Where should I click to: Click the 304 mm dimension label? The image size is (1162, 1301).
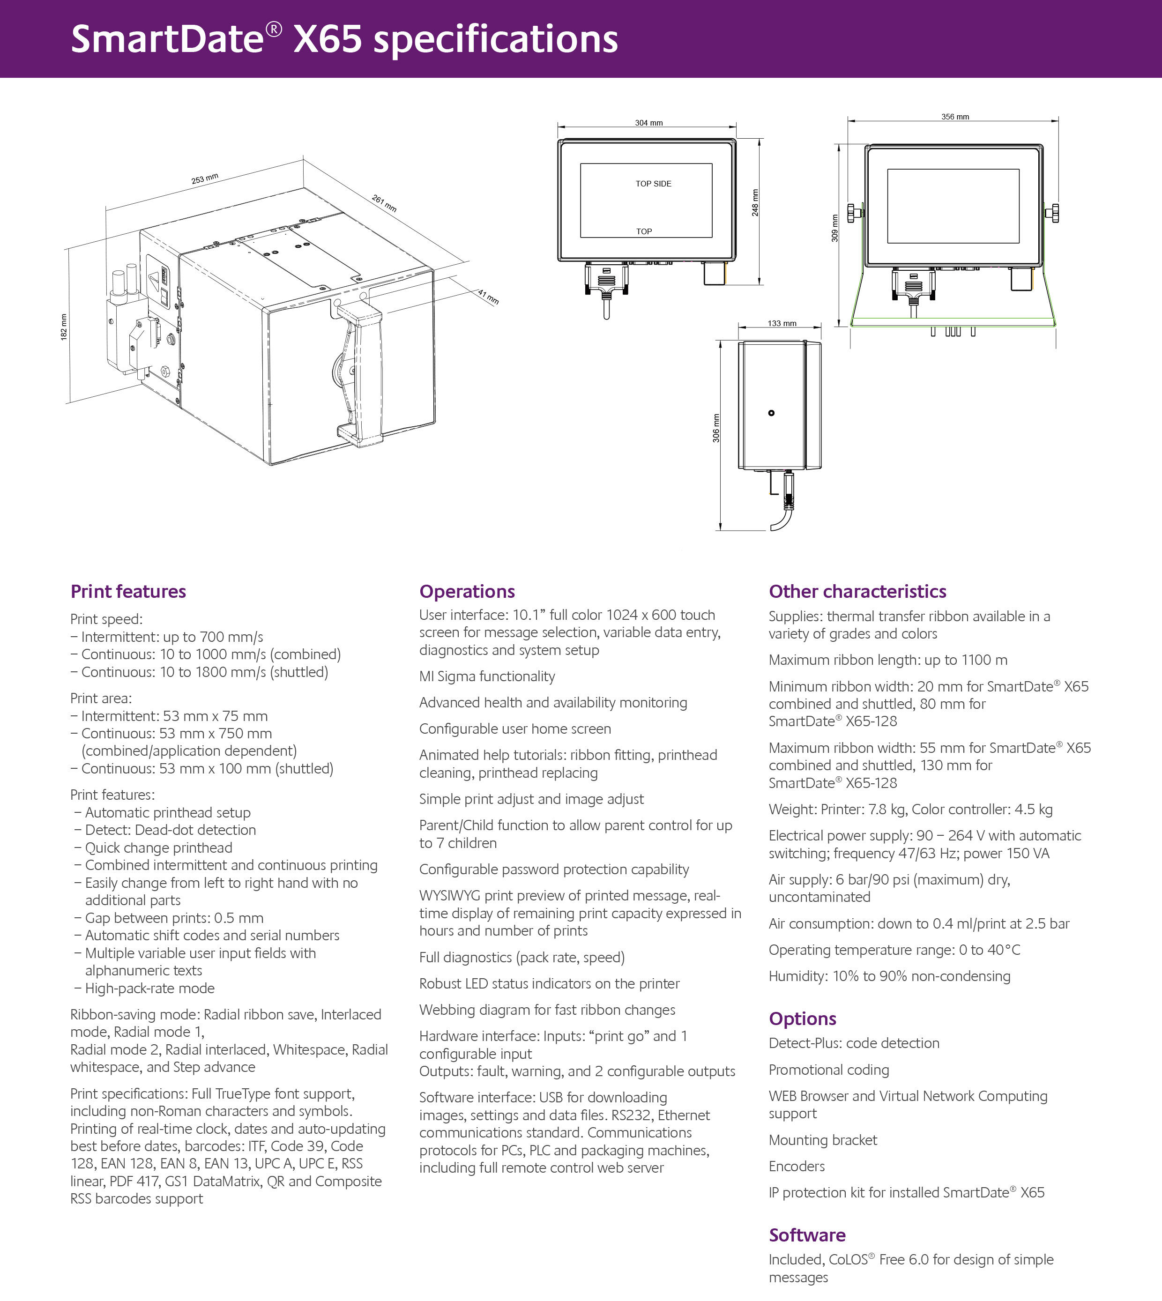coord(648,123)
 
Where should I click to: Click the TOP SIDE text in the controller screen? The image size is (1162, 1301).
coord(653,184)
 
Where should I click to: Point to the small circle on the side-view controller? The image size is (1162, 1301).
coord(771,413)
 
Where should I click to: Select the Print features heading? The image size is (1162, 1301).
coord(128,591)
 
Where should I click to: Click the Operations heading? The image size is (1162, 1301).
coord(467,591)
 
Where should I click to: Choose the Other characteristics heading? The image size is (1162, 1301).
coord(857,591)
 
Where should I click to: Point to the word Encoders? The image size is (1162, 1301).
coord(796,1166)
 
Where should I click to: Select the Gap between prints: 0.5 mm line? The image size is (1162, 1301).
coord(174,917)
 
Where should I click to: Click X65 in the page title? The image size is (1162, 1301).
coord(328,39)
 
